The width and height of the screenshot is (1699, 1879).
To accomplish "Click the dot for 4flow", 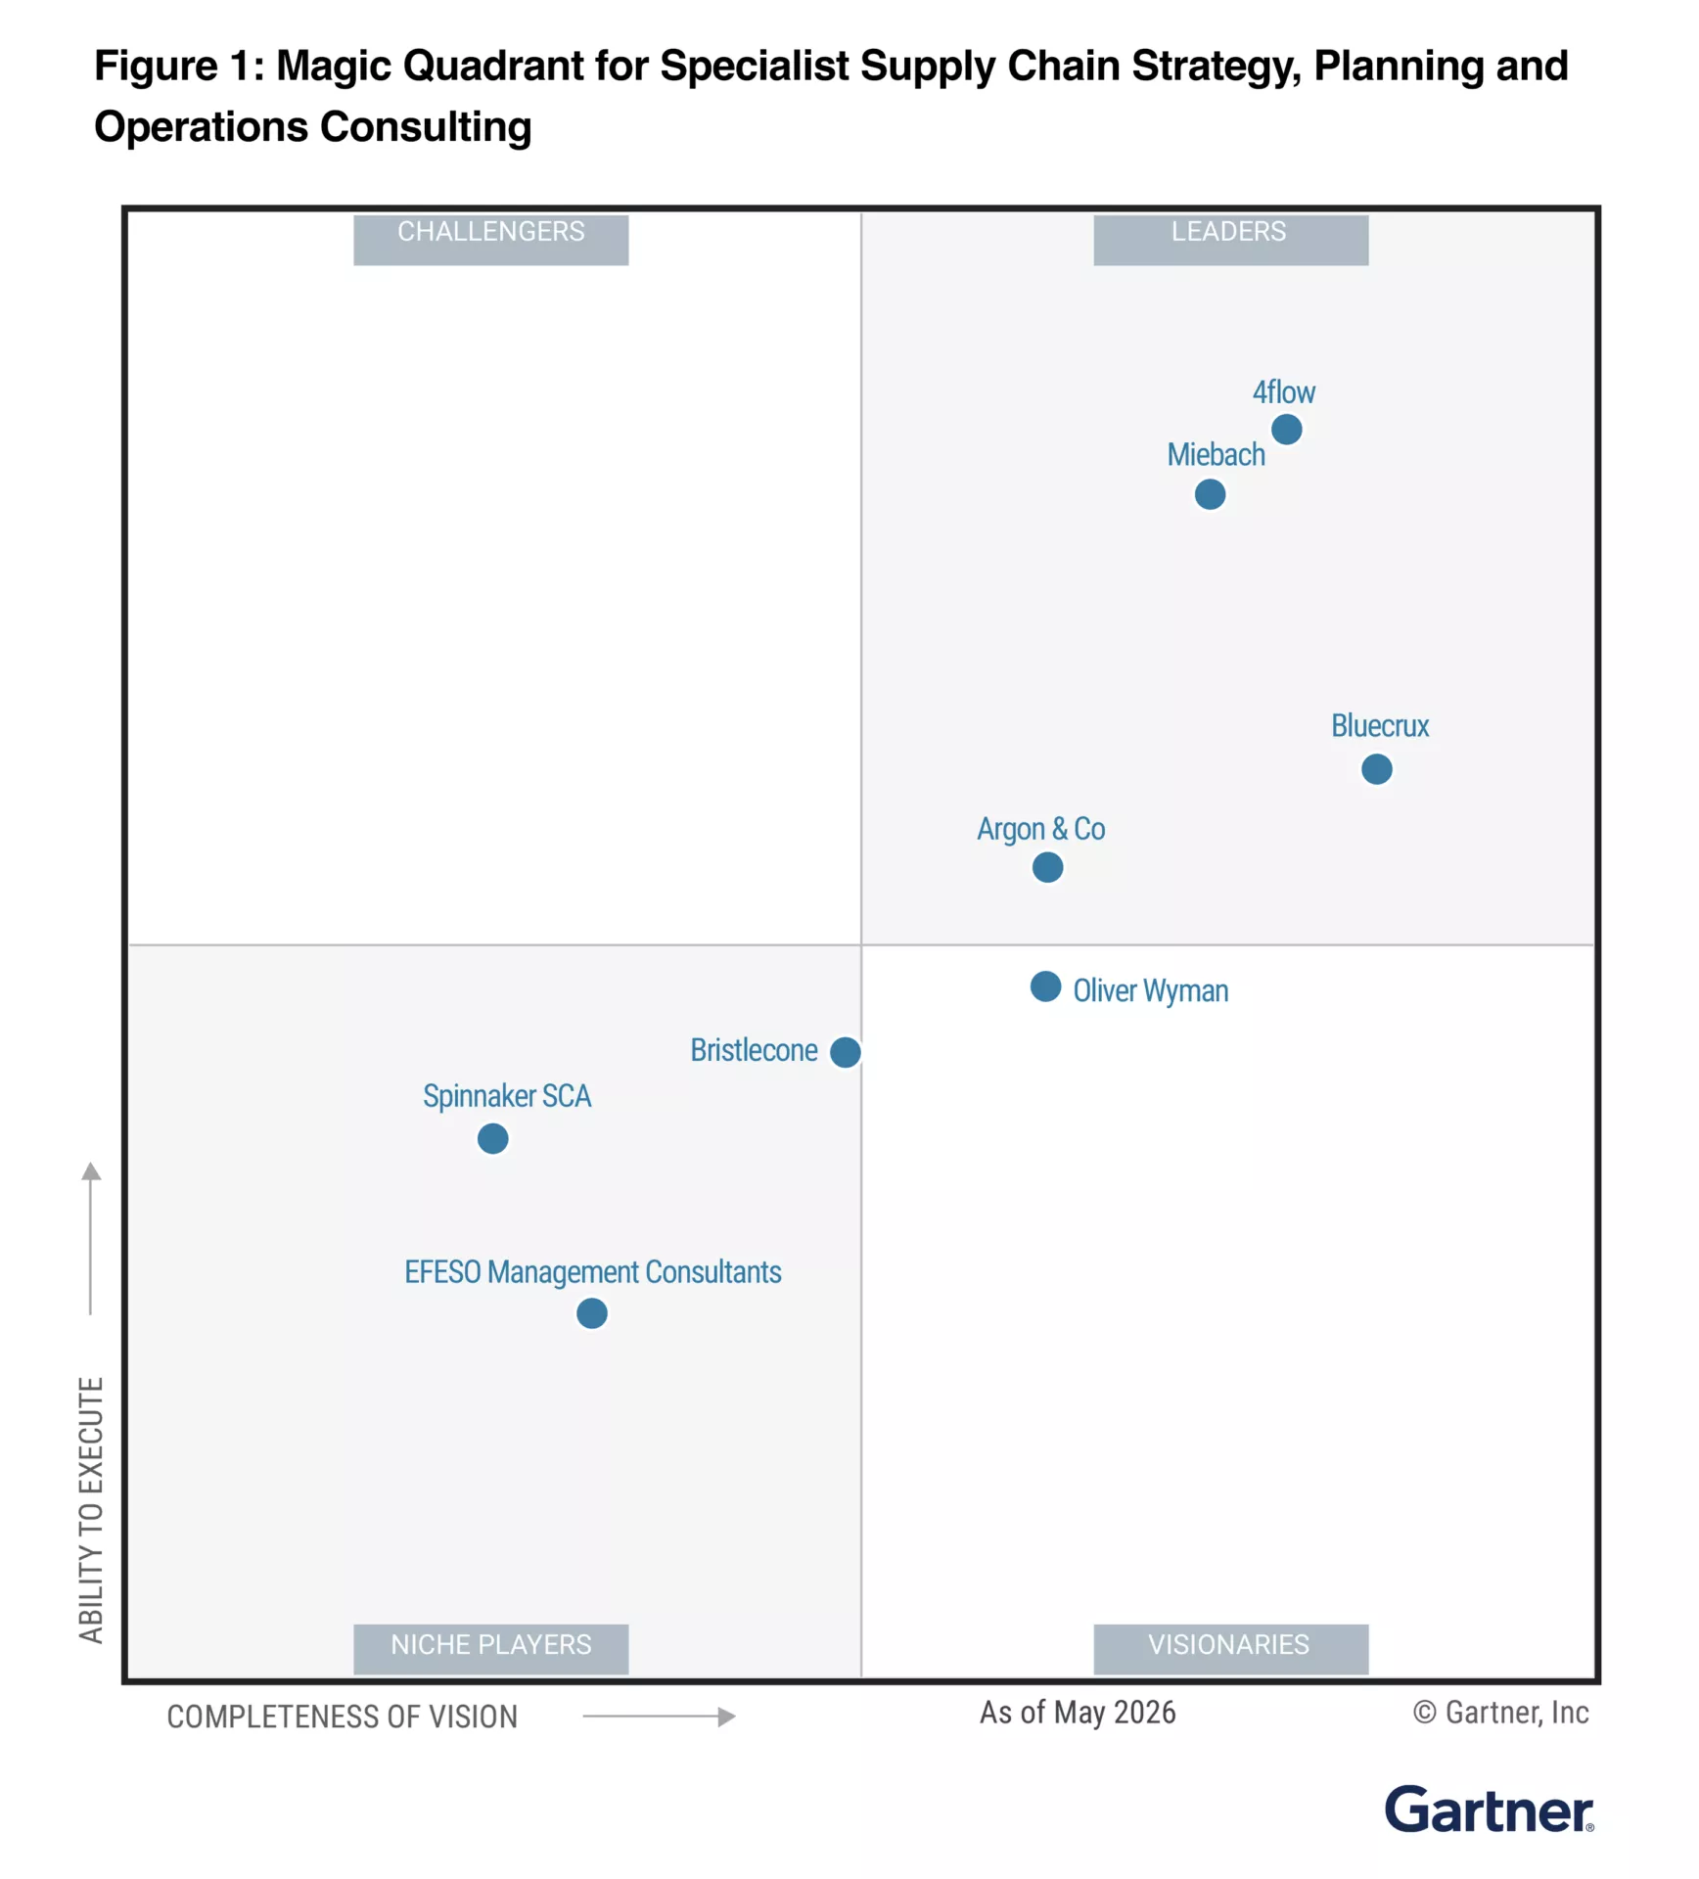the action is pos(1286,429).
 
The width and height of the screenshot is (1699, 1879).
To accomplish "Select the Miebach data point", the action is pos(1210,494).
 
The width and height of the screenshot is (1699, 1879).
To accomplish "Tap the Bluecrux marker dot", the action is pos(1376,769).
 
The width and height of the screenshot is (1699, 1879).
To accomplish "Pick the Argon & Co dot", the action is pos(1047,867).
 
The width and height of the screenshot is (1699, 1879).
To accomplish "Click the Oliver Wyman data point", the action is pos(1045,986).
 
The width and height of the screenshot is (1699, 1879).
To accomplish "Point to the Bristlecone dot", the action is pos(845,1052).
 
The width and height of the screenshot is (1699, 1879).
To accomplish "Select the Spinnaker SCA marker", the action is pos(492,1138).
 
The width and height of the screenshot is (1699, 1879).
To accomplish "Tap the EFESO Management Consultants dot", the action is pos(591,1313).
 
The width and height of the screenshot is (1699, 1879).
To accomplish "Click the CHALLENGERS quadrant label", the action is pos(490,232).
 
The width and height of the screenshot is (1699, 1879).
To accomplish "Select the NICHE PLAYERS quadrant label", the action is pos(490,1644).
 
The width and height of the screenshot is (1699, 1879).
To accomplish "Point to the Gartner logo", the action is pos(1489,1810).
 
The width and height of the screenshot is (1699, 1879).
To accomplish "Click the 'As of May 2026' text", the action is pos(1078,1713).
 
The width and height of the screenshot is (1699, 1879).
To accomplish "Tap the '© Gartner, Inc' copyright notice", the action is pos(1500,1713).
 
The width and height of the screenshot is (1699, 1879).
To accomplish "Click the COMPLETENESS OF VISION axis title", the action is pos(342,1717).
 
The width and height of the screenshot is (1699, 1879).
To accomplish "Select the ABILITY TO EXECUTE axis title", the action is pos(91,1510).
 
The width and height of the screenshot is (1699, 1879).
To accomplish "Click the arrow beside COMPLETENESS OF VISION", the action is pos(659,1717).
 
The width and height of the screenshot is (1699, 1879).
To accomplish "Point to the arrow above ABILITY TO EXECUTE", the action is pos(91,1238).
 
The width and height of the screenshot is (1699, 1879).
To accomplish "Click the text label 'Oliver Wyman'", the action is pos(1150,990).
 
